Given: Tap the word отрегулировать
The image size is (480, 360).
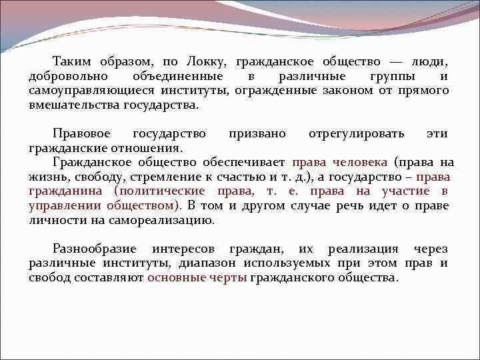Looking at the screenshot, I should (356, 133).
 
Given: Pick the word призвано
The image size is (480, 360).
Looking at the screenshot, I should (257, 133).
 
